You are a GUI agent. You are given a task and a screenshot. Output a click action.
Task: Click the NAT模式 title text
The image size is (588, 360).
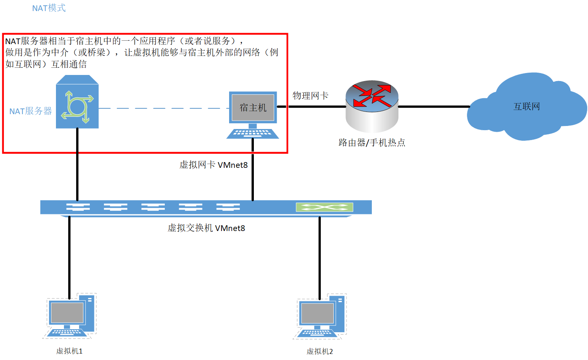[x=49, y=8]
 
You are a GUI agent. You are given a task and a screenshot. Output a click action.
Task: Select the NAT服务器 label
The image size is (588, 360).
[x=30, y=111]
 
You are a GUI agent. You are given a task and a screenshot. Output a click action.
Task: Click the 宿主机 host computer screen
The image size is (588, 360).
[x=253, y=108]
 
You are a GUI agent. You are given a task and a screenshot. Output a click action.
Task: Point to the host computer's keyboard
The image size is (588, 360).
[x=252, y=133]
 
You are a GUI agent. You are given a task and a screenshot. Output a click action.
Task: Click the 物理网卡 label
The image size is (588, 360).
[x=310, y=96]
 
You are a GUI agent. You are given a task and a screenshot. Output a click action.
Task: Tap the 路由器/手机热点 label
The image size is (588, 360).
[x=372, y=143]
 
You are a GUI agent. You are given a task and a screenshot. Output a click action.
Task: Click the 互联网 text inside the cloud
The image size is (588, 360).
[x=527, y=107]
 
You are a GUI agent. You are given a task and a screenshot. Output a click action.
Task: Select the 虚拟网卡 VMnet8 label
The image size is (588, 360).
[x=214, y=165]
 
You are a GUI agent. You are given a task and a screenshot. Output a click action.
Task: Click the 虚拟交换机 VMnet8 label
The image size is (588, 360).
[x=206, y=228]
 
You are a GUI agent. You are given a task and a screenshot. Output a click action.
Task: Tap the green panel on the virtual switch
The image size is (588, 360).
[x=324, y=207]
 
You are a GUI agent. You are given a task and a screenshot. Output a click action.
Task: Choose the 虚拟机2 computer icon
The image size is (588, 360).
[x=320, y=317]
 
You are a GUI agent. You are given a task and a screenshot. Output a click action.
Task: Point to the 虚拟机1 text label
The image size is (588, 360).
[x=69, y=351]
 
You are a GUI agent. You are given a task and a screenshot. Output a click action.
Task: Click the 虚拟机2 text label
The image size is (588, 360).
[x=320, y=351]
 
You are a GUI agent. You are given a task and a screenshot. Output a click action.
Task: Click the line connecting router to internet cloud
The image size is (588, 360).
[x=434, y=107]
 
